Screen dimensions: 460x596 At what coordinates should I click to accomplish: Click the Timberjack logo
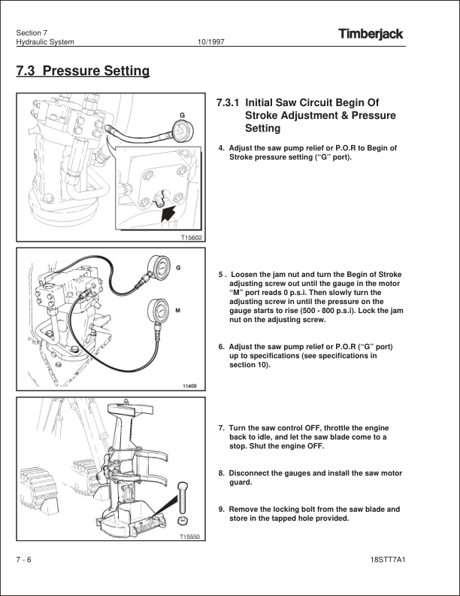tap(371, 34)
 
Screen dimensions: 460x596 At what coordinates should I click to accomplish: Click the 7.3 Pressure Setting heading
tap(83, 71)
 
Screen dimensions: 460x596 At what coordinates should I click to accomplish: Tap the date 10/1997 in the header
tap(210, 42)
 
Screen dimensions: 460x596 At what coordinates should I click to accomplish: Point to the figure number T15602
tap(191, 238)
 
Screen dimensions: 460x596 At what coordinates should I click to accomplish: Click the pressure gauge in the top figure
tap(183, 130)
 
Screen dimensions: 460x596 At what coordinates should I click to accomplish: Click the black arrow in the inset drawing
tap(168, 213)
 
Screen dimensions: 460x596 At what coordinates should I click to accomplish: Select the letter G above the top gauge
tap(182, 115)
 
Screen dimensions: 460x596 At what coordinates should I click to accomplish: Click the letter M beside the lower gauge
tap(177, 311)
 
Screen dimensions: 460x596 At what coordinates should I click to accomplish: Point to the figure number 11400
tap(189, 386)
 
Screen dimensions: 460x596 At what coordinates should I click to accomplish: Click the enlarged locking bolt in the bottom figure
tap(182, 497)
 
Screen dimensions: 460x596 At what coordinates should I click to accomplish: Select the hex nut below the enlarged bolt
tap(183, 521)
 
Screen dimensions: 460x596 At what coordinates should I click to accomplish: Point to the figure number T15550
tap(189, 537)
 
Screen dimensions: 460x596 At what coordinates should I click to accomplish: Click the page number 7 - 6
tap(23, 560)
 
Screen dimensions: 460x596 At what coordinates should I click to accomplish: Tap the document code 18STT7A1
tap(388, 560)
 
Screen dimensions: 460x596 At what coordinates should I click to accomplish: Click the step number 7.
tap(221, 428)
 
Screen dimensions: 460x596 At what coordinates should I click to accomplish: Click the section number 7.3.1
tap(228, 102)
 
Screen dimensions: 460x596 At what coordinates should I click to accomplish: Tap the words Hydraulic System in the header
tap(45, 42)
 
